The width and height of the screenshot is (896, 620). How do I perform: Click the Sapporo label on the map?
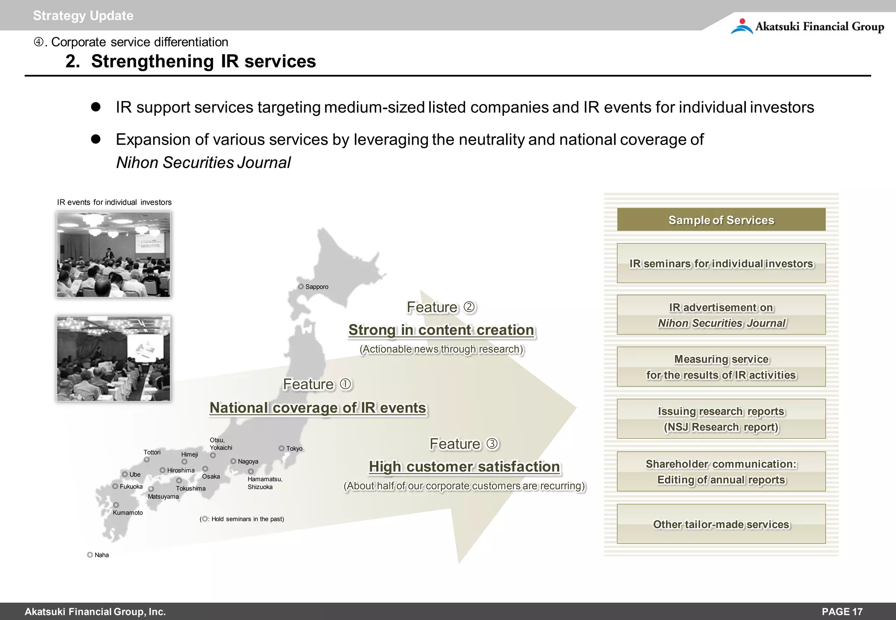[x=316, y=287]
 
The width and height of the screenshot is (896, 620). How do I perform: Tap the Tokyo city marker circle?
[x=282, y=448]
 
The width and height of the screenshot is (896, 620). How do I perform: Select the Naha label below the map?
[x=101, y=555]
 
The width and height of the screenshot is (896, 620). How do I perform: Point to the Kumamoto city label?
[x=128, y=512]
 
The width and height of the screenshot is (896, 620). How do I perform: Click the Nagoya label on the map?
[x=248, y=461]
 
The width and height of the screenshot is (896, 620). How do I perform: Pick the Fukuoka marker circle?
[x=115, y=486]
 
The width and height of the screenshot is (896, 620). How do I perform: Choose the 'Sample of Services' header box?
[x=721, y=219]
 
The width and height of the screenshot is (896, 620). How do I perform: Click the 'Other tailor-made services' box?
[x=721, y=524]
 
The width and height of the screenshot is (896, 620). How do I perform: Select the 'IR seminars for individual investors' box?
[x=721, y=263]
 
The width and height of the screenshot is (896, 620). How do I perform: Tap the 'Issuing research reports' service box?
[x=721, y=419]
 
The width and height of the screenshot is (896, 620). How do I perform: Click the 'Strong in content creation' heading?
[x=441, y=330]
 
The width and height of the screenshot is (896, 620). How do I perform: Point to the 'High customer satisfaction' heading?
[x=464, y=467]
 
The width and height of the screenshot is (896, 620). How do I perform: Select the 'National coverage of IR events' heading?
[x=318, y=408]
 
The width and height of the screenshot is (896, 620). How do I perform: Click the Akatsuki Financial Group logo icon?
[x=742, y=26]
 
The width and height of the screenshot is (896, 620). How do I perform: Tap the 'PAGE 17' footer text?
[x=842, y=612]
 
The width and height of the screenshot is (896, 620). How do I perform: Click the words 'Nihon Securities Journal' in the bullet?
[x=203, y=163]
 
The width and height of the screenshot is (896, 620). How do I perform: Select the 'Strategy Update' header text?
[x=83, y=16]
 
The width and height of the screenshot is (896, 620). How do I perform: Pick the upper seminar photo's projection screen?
[x=150, y=243]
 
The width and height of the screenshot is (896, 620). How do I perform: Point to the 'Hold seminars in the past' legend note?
[x=242, y=519]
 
